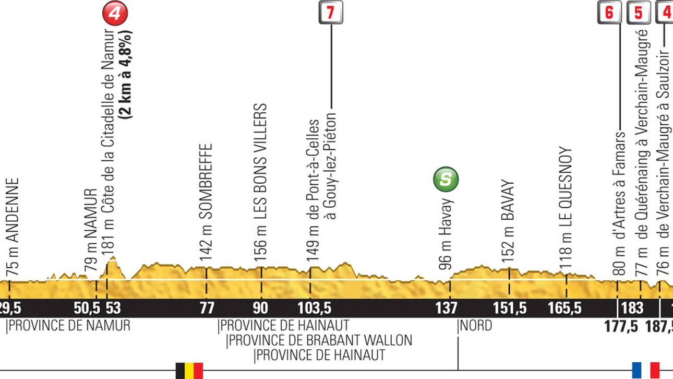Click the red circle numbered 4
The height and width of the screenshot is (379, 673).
115,13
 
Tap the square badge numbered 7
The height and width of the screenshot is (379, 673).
331,13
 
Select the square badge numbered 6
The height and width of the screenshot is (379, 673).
609,13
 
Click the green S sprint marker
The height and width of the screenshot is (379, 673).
446,180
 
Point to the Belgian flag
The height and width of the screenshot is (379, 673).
189,370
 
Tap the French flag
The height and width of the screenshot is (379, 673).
646,370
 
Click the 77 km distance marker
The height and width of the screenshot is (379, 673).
207,308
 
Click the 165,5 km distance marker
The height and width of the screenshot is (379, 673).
565,308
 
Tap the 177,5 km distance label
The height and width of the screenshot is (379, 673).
621,327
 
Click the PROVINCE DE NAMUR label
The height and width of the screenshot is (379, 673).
69,326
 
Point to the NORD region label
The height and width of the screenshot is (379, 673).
476,326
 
